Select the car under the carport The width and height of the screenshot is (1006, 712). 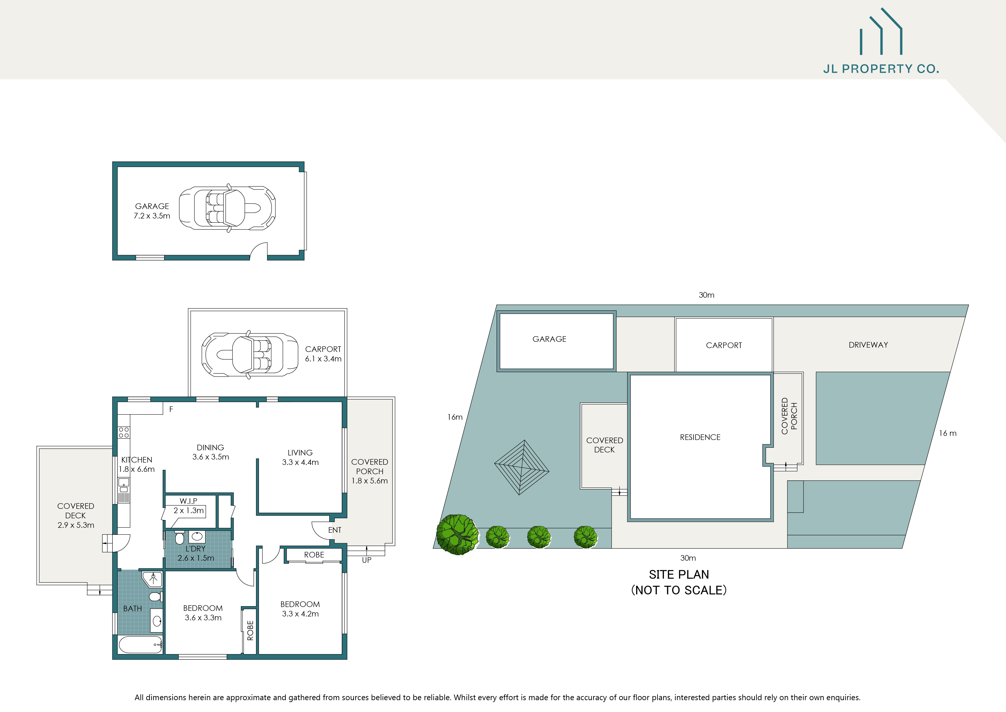pyautogui.click(x=250, y=354)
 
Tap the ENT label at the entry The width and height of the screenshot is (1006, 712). pyautogui.click(x=335, y=530)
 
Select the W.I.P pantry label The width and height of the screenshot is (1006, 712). pyautogui.click(x=188, y=501)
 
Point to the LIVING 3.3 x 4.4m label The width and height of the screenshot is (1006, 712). pyautogui.click(x=300, y=457)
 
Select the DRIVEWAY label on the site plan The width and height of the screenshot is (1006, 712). pyautogui.click(x=868, y=345)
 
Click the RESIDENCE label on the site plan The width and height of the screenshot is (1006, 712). pyautogui.click(x=700, y=437)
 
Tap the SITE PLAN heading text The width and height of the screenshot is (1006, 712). pyautogui.click(x=679, y=574)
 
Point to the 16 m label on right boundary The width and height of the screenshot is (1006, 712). pyautogui.click(x=947, y=433)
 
